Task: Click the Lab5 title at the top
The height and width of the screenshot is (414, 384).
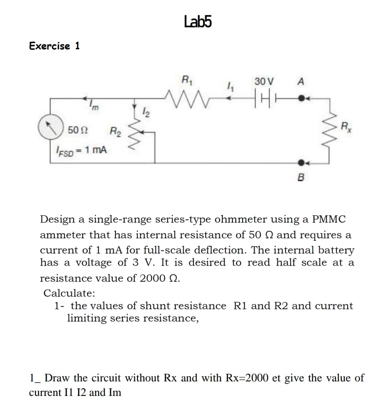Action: tap(198, 21)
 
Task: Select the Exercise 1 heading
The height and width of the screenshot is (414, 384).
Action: tap(55, 46)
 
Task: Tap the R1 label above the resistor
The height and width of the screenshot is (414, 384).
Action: tap(187, 81)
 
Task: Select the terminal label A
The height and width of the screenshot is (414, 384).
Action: tap(301, 81)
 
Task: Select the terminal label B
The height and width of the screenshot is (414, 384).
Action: tap(302, 178)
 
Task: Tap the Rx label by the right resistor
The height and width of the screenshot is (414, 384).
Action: tap(347, 128)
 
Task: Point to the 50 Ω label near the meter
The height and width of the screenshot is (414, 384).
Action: tap(77, 130)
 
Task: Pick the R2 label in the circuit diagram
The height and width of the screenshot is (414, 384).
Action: tap(114, 130)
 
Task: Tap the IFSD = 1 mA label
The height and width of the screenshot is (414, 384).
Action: tap(81, 150)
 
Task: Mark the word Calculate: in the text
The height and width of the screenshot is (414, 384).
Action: tap(69, 293)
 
